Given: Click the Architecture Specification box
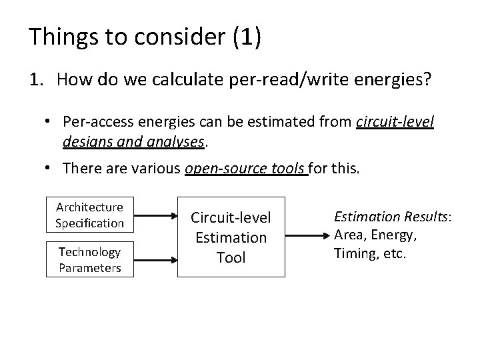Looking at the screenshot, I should click(89, 215).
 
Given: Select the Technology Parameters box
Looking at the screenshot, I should click(89, 259).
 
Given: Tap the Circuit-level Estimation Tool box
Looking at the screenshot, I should click(231, 237).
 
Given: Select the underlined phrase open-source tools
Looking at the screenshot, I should click(245, 168).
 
